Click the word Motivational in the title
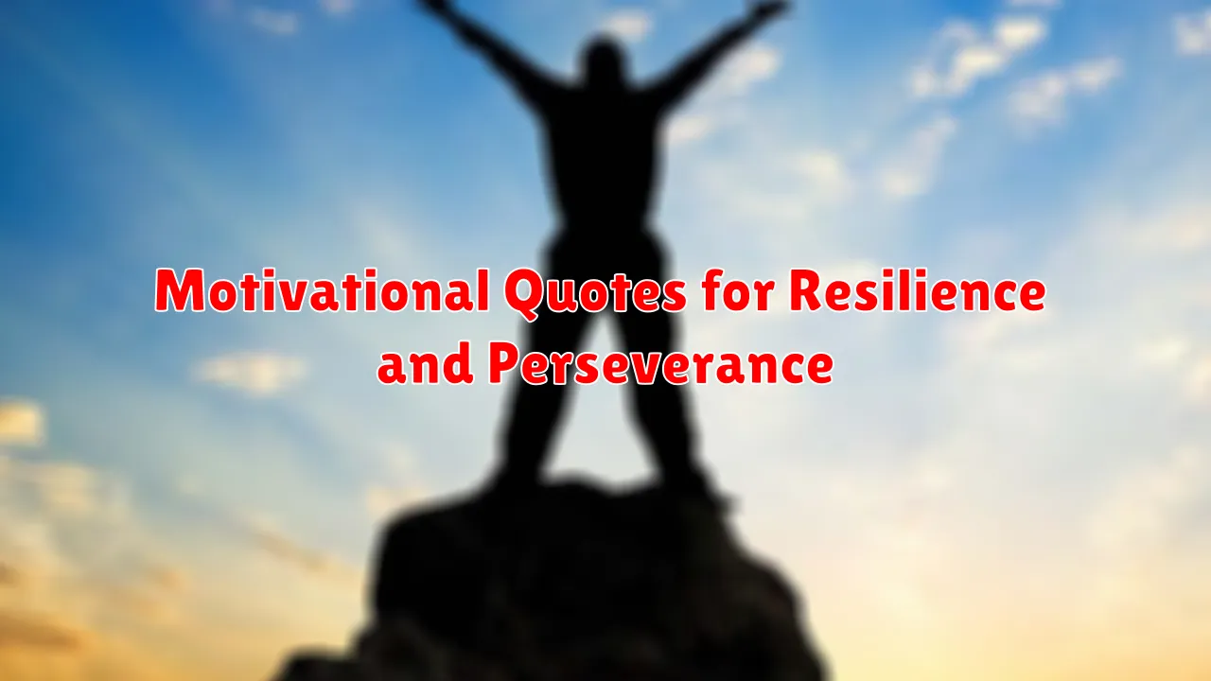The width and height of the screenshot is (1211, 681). click(324, 290)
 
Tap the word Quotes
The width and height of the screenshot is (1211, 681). click(596, 293)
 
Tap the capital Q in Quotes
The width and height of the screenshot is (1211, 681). click(528, 295)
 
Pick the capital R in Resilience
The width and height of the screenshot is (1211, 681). click(807, 290)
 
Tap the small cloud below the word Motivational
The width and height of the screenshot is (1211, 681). click(250, 372)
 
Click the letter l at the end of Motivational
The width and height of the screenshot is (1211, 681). click(483, 289)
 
